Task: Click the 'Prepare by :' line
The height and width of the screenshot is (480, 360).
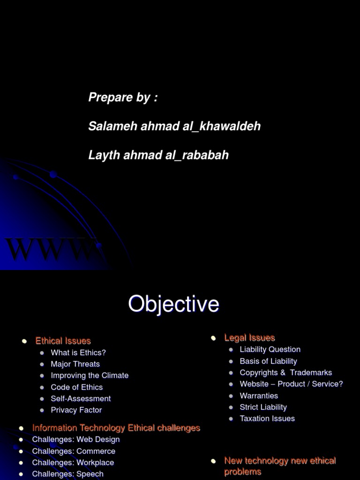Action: (123, 97)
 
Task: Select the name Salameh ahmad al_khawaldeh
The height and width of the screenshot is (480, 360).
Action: (174, 126)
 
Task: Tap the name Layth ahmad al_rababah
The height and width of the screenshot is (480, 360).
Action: (158, 155)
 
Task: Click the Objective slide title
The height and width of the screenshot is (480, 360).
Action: (173, 304)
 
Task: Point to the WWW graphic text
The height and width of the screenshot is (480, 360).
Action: (52, 250)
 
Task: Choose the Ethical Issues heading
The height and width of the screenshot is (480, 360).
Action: (63, 341)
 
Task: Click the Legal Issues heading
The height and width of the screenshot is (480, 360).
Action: (249, 337)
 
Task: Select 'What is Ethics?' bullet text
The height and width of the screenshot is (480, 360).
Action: (78, 352)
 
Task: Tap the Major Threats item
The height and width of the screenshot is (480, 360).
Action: (75, 364)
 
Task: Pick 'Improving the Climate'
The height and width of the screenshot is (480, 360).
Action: (90, 375)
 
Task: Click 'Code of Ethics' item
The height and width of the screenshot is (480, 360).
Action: (76, 387)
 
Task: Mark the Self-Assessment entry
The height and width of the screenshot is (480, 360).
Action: (81, 398)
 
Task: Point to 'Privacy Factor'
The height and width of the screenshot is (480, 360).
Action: (76, 410)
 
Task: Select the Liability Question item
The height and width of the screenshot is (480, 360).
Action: (270, 349)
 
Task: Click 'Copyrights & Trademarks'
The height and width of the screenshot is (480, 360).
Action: (285, 373)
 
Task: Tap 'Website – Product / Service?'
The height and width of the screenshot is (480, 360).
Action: (291, 384)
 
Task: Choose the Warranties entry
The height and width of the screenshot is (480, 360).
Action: (259, 396)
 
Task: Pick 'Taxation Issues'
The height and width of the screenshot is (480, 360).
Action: (267, 419)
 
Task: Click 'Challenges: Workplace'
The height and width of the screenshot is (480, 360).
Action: (73, 463)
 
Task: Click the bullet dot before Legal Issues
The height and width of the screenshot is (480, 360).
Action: (213, 338)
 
